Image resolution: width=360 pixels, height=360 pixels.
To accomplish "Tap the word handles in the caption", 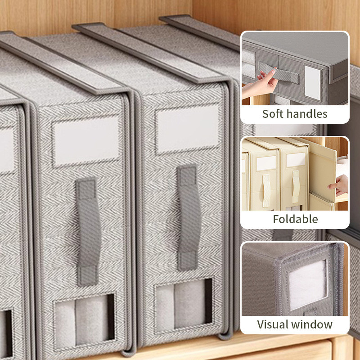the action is [307, 114].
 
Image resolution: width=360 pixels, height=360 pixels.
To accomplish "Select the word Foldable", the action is [295, 219].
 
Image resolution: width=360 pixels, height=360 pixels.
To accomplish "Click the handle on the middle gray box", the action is [88, 232].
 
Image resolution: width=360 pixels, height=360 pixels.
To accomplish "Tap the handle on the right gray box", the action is [188, 217].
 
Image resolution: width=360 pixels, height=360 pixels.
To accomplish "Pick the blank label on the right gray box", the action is [187, 129].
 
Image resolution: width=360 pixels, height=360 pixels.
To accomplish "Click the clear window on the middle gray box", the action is [84, 321].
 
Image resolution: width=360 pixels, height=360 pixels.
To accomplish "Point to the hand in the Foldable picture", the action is [339, 185].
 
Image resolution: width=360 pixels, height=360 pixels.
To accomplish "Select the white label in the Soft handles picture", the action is [312, 83].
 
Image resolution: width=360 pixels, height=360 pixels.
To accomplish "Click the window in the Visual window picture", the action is [307, 285].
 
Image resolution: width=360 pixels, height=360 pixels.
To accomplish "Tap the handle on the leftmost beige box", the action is [266, 190].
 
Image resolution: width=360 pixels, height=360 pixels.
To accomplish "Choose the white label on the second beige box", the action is [296, 159].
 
